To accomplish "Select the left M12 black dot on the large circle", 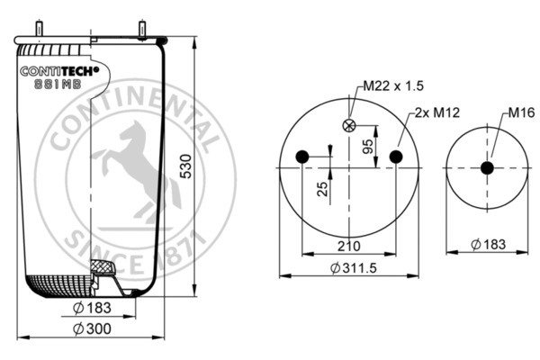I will (302, 157).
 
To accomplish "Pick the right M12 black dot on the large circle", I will (396, 157).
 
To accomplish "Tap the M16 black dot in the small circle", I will (487, 167).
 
